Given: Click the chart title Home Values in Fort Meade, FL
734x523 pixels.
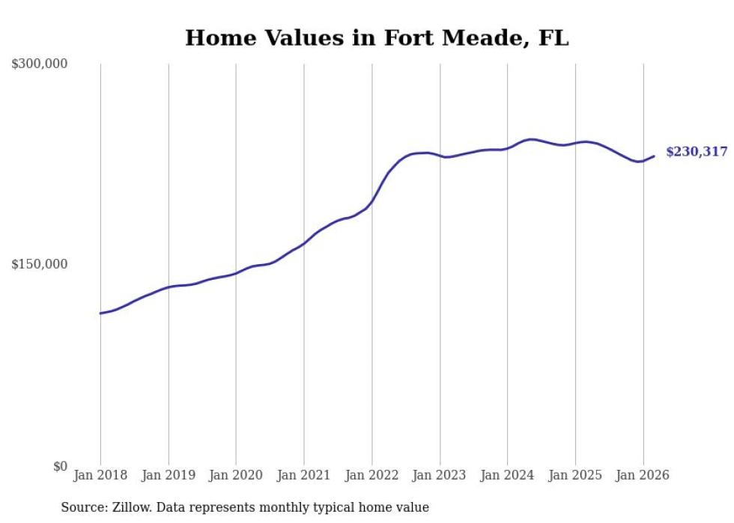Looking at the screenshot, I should pyautogui.click(x=377, y=38).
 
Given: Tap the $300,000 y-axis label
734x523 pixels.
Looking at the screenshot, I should pyautogui.click(x=40, y=64).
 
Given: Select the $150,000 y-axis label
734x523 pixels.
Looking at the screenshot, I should pyautogui.click(x=40, y=265).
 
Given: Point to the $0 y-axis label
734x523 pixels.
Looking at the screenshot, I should pyautogui.click(x=60, y=467).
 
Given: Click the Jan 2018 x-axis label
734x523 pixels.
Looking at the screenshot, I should pyautogui.click(x=100, y=475).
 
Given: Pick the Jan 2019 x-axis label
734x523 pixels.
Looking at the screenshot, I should pyautogui.click(x=169, y=475).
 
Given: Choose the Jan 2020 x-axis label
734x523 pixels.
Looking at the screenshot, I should pyautogui.click(x=236, y=475).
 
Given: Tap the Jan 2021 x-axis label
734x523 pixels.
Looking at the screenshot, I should pyautogui.click(x=304, y=475).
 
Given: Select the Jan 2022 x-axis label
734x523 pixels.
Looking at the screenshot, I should pyautogui.click(x=371, y=475).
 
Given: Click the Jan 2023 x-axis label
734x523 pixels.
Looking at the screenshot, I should pyautogui.click(x=440, y=475).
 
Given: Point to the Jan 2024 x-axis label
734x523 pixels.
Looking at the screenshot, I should pyautogui.click(x=507, y=475).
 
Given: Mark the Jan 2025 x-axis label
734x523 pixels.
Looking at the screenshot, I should pyautogui.click(x=575, y=475).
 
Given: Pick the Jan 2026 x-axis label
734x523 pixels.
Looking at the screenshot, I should pyautogui.click(x=643, y=475).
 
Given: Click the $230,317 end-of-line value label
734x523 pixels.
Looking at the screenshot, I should pyautogui.click(x=697, y=152).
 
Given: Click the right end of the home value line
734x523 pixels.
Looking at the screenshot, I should pyautogui.click(x=654, y=156).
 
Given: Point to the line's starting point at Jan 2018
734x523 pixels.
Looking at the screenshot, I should pyautogui.click(x=100, y=313).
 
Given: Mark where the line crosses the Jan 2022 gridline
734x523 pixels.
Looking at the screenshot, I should pyautogui.click(x=371, y=201).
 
